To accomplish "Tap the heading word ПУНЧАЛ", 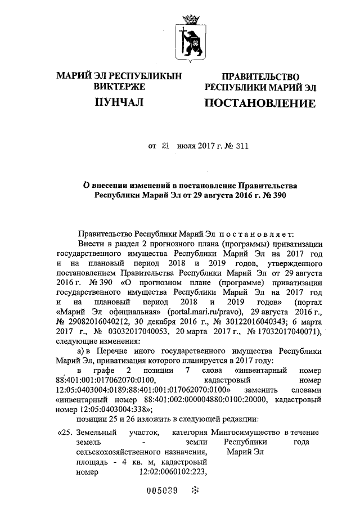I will coord(118,102).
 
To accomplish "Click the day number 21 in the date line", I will coord(165,145).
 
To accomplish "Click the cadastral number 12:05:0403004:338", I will coord(112,409).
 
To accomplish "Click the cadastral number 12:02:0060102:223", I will coord(168,472).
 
